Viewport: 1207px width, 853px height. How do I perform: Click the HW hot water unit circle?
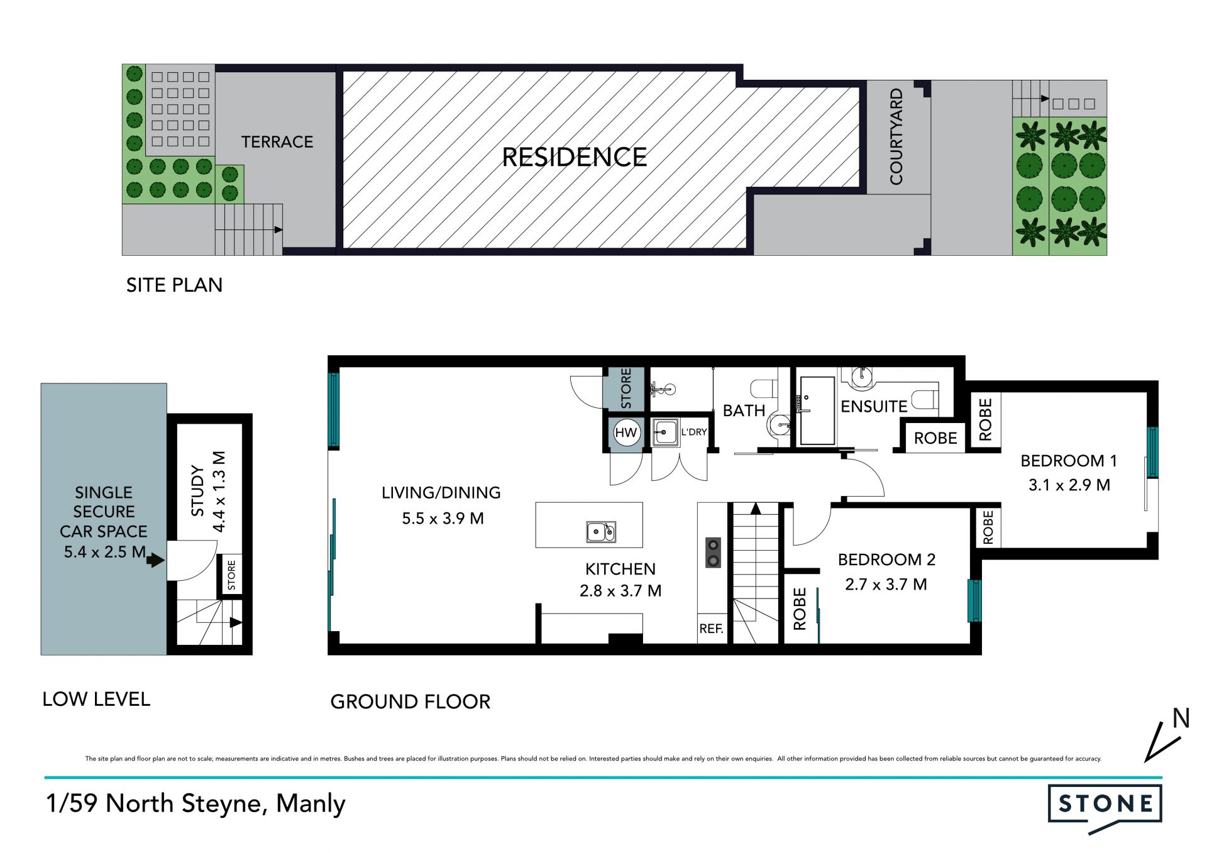tap(626, 432)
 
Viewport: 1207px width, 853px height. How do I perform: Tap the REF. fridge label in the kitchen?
tap(711, 629)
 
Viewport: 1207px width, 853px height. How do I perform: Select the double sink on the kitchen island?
tap(601, 532)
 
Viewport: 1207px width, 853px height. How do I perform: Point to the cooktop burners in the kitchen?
tap(713, 553)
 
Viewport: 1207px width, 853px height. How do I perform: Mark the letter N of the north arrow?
tap(1181, 718)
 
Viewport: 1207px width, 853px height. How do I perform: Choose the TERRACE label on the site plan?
tap(277, 142)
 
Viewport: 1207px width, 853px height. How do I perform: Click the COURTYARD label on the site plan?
tap(896, 136)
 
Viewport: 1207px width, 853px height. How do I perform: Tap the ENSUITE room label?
tap(874, 407)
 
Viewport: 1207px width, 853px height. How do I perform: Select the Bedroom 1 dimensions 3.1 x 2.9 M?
tap(1069, 485)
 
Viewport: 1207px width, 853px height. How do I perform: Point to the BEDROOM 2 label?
tap(886, 559)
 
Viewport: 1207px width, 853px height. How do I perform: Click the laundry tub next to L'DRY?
tap(665, 432)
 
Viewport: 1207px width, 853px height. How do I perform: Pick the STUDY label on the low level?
tap(197, 491)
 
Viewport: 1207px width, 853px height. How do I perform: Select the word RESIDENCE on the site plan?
tap(574, 157)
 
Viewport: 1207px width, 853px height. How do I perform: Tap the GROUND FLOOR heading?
tap(410, 702)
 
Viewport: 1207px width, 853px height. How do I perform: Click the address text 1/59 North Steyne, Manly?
tap(196, 804)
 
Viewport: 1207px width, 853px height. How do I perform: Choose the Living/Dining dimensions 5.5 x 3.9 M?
tap(443, 519)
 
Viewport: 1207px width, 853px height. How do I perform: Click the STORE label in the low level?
tap(231, 575)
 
